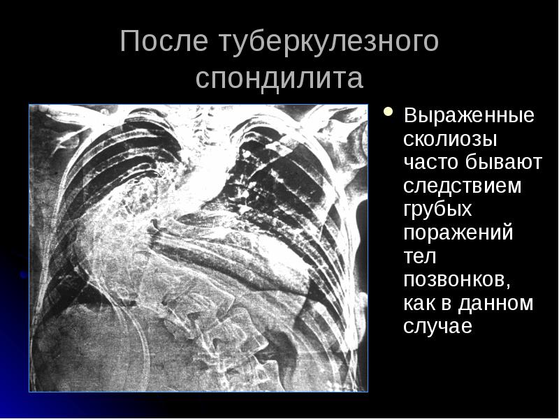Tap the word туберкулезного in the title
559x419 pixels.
[329, 42]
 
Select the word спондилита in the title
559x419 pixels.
[279, 78]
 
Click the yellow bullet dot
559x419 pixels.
[389, 112]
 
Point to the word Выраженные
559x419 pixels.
[470, 115]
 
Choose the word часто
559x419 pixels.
[426, 163]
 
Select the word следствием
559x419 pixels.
[463, 186]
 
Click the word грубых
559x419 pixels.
[437, 210]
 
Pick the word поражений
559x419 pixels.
[458, 233]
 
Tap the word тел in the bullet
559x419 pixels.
[419, 256]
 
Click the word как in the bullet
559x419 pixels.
[419, 304]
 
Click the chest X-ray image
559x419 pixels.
[198, 248]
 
